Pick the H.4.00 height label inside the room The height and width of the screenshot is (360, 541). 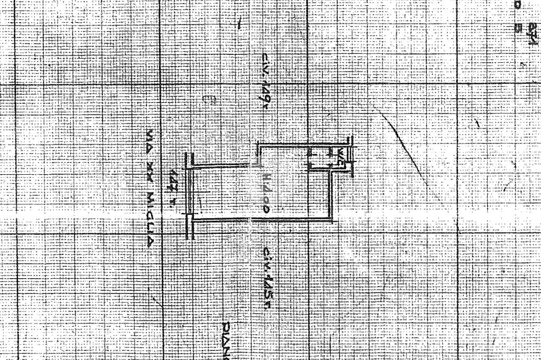pyautogui.click(x=266, y=193)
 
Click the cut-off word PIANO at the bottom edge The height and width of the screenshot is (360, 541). pyautogui.click(x=227, y=340)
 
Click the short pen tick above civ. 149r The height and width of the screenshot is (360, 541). pyautogui.click(x=241, y=23)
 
